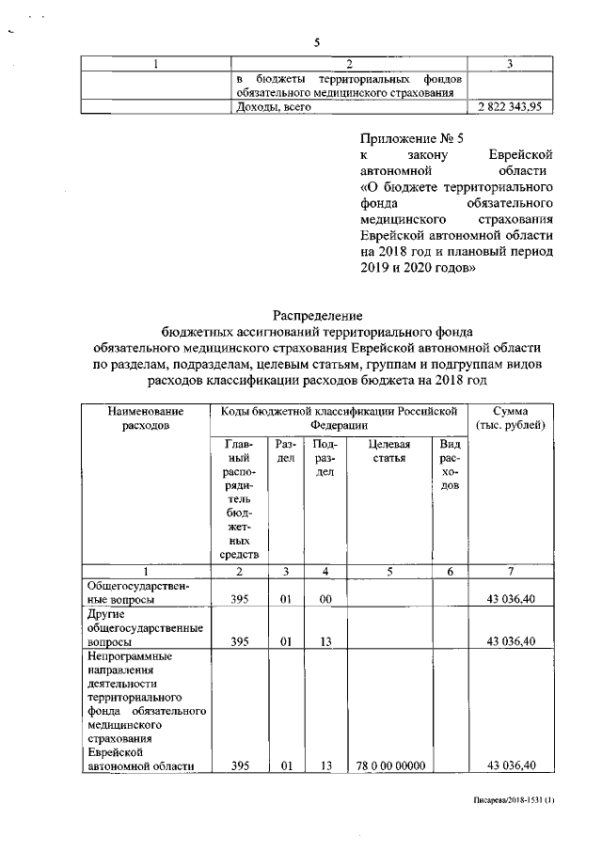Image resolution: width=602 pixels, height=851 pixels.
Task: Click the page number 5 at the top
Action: [317, 42]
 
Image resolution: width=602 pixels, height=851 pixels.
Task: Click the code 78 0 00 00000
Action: [387, 765]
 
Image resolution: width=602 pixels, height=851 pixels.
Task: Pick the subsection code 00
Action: [325, 599]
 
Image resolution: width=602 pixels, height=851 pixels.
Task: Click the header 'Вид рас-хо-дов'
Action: [451, 465]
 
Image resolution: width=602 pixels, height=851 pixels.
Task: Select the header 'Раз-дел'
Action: [285, 450]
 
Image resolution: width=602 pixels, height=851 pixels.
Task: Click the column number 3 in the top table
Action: [509, 63]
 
